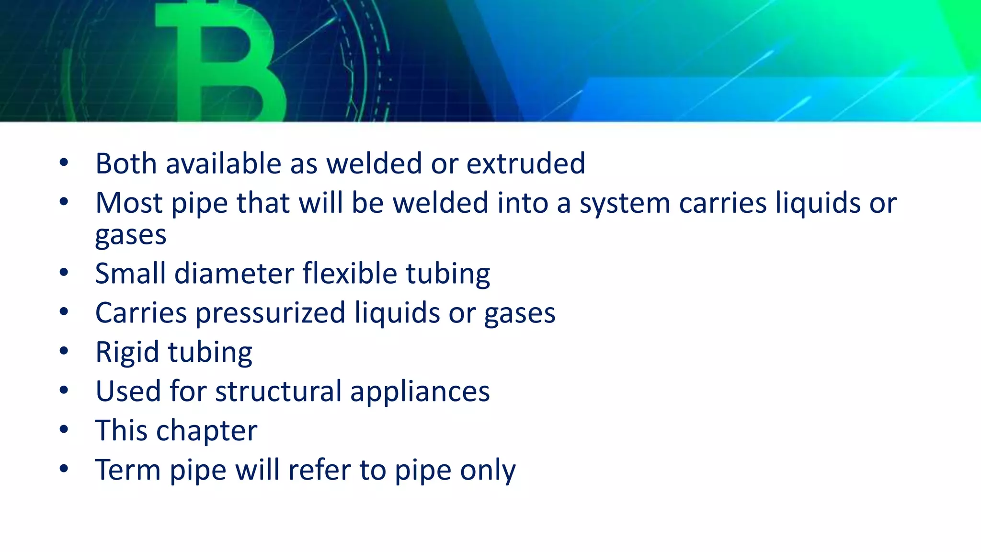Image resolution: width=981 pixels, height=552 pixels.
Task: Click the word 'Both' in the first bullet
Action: (126, 163)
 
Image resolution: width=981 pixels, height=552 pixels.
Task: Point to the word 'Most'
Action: (128, 203)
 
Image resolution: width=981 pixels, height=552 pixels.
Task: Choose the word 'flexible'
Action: (350, 274)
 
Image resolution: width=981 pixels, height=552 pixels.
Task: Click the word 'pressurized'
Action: (270, 313)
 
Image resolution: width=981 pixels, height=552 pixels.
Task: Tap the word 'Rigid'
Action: (127, 352)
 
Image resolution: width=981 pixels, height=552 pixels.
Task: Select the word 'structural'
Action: (278, 391)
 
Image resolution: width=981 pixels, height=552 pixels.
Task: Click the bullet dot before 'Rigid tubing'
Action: (64, 351)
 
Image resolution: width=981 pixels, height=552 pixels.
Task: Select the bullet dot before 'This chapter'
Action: (64, 429)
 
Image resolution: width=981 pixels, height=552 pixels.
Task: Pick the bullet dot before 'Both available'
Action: (64, 162)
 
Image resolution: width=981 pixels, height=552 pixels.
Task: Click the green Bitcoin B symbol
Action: (220, 62)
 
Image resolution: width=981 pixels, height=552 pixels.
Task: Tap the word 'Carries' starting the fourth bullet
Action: (141, 313)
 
